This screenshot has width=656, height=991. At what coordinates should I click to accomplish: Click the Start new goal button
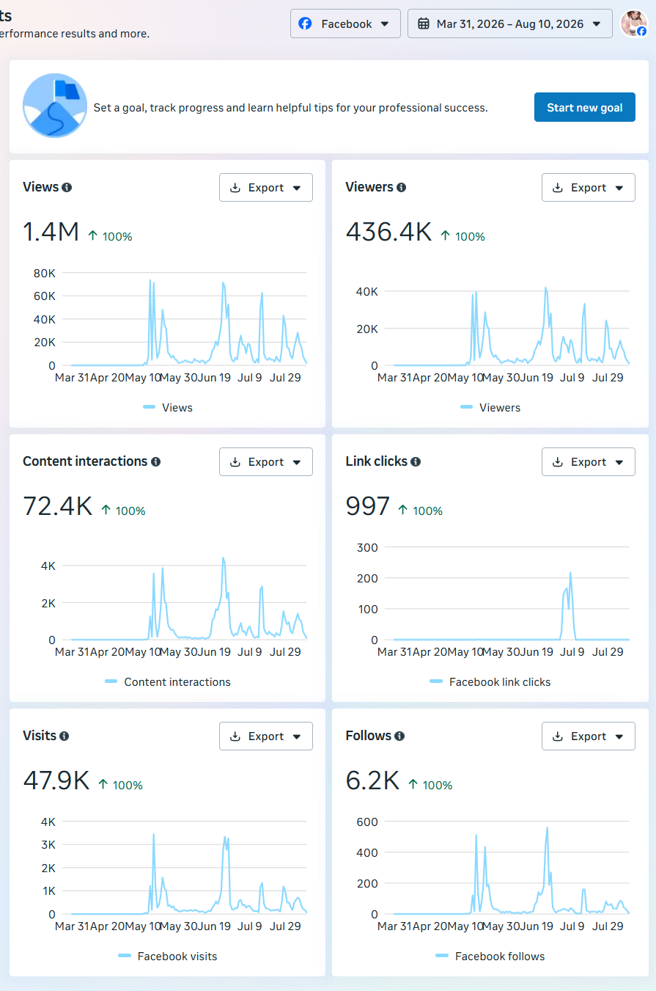[584, 107]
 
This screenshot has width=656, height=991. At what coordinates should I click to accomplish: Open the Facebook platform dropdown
[345, 23]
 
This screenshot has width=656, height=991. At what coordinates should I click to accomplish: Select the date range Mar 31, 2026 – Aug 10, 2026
[509, 23]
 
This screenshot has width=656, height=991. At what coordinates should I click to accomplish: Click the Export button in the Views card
[265, 188]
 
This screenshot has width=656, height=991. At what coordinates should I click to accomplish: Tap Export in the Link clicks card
[589, 462]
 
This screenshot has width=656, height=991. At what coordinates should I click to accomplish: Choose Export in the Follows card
[589, 736]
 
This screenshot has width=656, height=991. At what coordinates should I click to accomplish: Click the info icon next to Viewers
[402, 188]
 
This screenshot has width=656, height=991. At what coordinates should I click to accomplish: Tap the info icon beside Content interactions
[155, 462]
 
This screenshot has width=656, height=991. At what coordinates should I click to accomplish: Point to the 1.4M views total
[51, 232]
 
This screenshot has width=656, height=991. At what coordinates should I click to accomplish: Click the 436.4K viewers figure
[388, 232]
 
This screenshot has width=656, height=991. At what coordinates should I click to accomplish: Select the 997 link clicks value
[367, 506]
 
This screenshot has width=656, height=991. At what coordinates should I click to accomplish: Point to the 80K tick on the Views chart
[45, 274]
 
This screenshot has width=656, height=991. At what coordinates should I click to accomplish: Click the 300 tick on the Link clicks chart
[367, 548]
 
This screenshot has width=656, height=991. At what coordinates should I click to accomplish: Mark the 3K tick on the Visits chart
[48, 845]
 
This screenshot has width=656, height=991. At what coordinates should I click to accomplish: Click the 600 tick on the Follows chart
[367, 822]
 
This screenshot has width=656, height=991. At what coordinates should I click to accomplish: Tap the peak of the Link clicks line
[570, 573]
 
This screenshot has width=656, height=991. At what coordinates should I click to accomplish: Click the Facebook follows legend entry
[490, 957]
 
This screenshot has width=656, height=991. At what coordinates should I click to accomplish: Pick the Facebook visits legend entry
[168, 957]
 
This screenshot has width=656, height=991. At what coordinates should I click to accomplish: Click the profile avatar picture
[634, 23]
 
